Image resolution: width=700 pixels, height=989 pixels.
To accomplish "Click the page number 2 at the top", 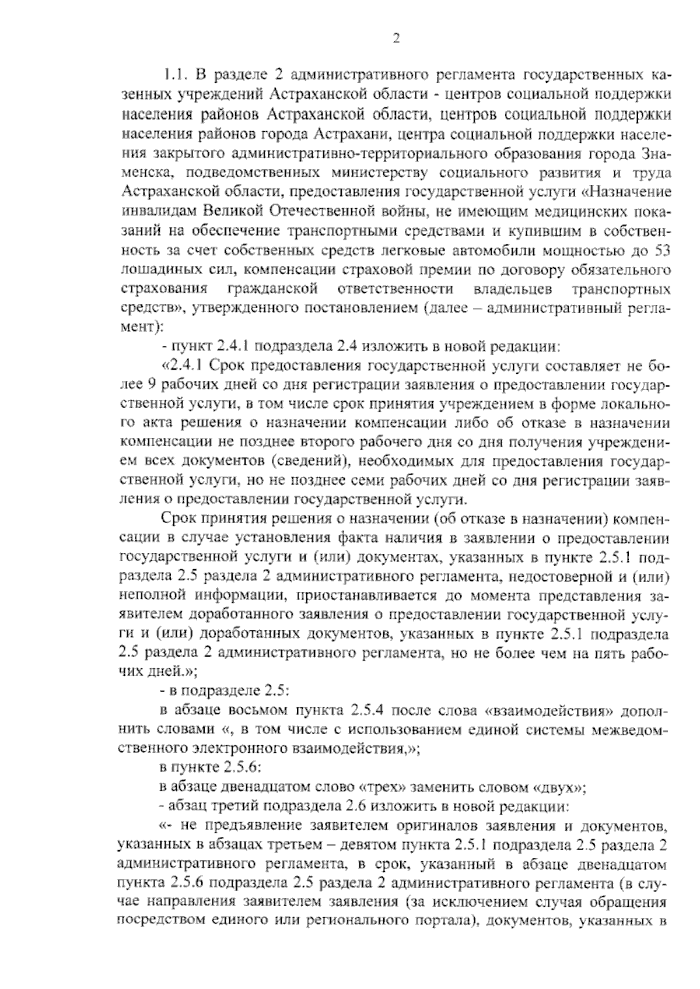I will coord(395,39).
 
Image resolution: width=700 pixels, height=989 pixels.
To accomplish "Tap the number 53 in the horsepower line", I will coord(661,252).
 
